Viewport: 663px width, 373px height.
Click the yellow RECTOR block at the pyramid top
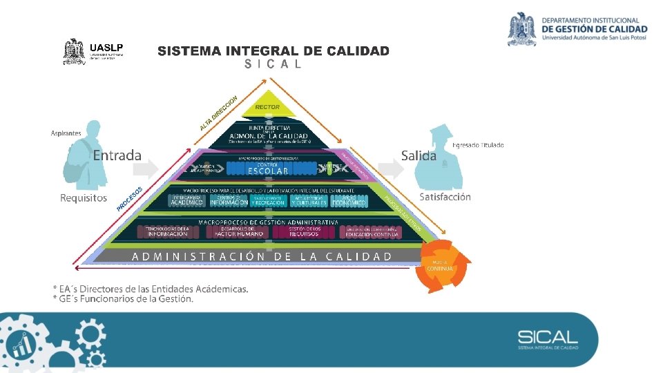tap(267, 106)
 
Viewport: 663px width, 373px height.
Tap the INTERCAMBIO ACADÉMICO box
tap(186, 200)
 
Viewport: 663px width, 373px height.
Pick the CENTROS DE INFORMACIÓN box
tap(228, 200)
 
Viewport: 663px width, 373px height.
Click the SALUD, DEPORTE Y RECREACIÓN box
tap(268, 200)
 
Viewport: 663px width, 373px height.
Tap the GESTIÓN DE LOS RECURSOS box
tap(305, 232)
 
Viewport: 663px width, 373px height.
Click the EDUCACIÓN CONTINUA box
tap(372, 233)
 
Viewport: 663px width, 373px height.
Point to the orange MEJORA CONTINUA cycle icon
tap(443, 266)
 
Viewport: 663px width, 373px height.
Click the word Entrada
tap(117, 155)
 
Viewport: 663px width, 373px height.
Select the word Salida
tap(419, 155)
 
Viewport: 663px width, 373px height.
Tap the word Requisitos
tap(84, 198)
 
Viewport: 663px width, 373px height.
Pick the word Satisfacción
tap(445, 197)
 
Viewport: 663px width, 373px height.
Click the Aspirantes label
tap(66, 133)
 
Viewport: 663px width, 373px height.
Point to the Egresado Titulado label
tap(478, 145)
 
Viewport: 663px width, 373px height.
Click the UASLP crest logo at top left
tap(74, 51)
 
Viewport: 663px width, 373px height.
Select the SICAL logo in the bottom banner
tap(548, 339)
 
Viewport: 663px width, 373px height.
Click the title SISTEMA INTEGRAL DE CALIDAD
tap(273, 51)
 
